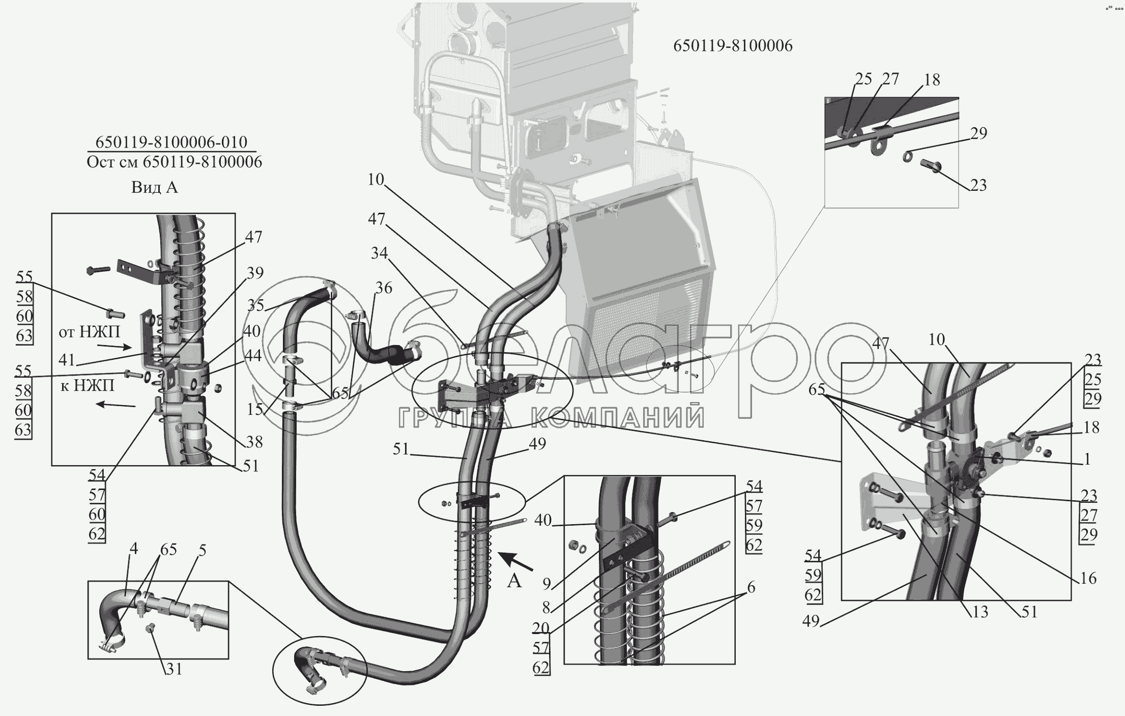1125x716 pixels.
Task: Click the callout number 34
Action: point(379,253)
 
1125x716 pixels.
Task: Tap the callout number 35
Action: point(256,305)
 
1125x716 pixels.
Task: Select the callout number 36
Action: point(384,288)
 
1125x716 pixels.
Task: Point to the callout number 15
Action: point(255,409)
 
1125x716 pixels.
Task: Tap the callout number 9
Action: point(546,584)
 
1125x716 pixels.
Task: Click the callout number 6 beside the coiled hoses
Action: point(751,588)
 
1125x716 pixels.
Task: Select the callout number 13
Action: point(979,612)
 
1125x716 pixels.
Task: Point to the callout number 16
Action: point(1088,579)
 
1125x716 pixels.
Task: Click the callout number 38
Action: point(254,442)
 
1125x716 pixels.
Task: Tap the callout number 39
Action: point(255,273)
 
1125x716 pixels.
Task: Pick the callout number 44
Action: point(253,356)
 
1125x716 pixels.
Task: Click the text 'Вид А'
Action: point(155,187)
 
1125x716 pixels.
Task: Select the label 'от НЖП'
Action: point(90,332)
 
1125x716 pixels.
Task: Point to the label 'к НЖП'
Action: point(87,386)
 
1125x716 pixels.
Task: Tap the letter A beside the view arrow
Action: point(514,580)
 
